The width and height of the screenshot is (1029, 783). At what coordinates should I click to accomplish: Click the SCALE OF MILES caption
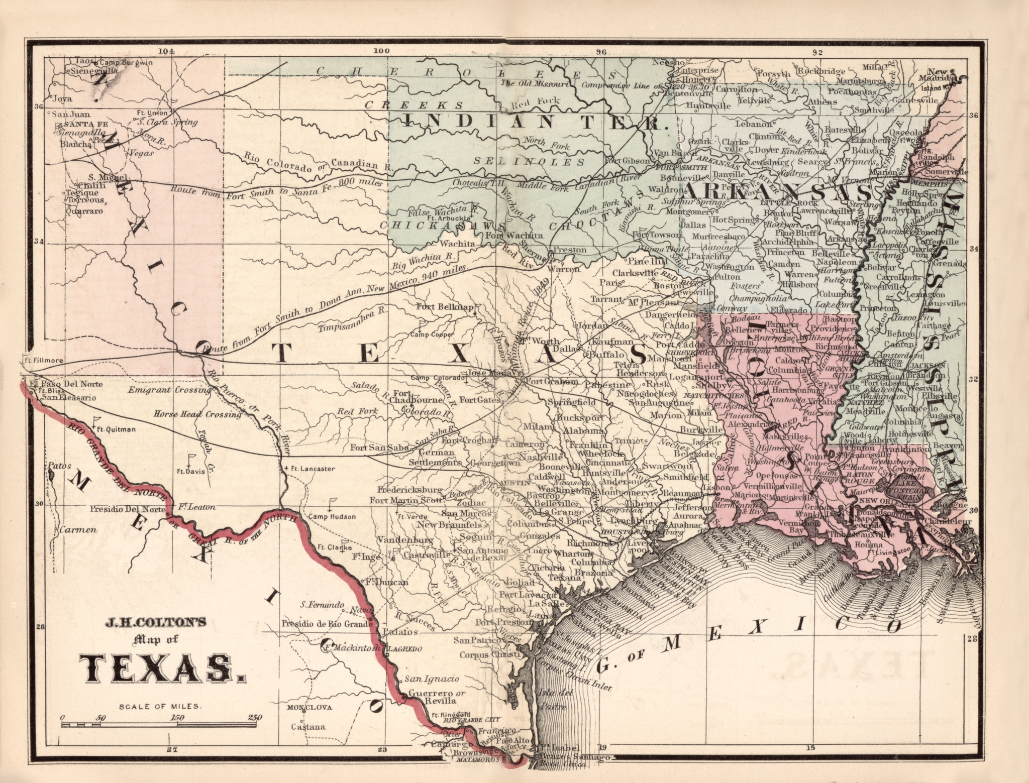click(x=160, y=706)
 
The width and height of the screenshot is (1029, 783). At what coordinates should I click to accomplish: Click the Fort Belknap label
click(x=445, y=307)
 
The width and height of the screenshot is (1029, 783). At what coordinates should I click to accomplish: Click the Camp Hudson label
click(x=332, y=516)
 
